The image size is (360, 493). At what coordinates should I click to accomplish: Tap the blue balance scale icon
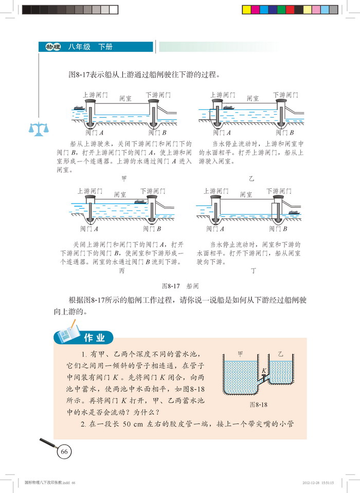tap(39, 128)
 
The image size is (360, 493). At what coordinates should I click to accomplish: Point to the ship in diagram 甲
tap(79, 108)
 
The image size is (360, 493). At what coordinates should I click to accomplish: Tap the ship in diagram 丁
tap(294, 211)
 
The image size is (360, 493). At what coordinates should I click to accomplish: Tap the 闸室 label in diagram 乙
tap(253, 98)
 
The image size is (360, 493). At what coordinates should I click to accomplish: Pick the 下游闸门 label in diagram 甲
tap(158, 95)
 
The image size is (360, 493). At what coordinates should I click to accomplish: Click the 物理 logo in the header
tap(52, 47)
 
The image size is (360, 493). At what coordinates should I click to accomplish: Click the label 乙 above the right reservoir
tap(280, 355)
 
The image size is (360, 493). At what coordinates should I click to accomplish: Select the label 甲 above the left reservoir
tap(240, 354)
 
